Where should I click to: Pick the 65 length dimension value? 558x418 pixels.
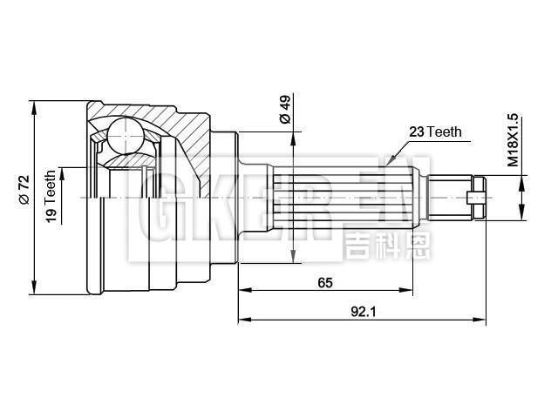(323, 282)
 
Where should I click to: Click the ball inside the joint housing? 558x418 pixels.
(124, 136)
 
